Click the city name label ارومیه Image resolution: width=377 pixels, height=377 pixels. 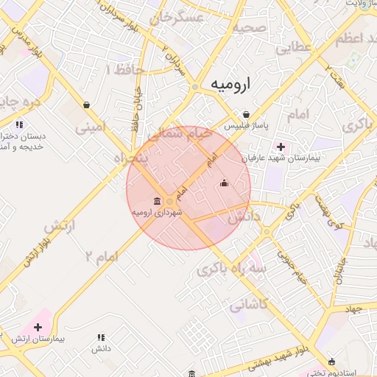click(230, 84)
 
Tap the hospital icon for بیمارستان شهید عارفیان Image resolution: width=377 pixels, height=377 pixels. click(280, 147)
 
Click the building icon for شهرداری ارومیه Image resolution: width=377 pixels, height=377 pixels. click(157, 201)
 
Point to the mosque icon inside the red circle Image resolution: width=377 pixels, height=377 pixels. click(224, 183)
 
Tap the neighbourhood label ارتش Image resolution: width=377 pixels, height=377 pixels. click(60, 228)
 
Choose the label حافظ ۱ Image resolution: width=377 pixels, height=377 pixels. click(124, 69)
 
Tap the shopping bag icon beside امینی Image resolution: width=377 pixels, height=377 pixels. click(88, 105)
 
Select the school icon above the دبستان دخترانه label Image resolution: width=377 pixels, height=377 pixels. click(19, 124)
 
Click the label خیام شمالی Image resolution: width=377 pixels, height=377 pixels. click(180, 135)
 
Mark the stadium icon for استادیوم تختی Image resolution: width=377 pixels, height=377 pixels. click(332, 362)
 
